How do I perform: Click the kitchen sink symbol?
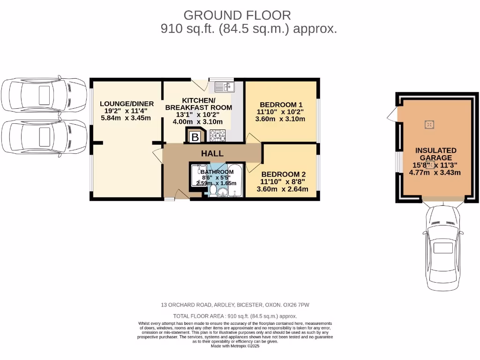click(x=225, y=87)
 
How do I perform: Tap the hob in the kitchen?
click(x=217, y=135)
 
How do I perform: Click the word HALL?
click(x=212, y=153)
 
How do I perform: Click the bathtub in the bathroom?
click(x=235, y=180)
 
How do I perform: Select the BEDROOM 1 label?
click(x=281, y=105)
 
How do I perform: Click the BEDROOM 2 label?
click(x=283, y=173)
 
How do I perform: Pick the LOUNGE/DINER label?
click(x=127, y=104)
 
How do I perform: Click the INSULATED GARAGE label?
click(x=435, y=154)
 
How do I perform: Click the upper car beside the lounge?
click(x=44, y=95)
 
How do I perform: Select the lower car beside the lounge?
click(x=44, y=137)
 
